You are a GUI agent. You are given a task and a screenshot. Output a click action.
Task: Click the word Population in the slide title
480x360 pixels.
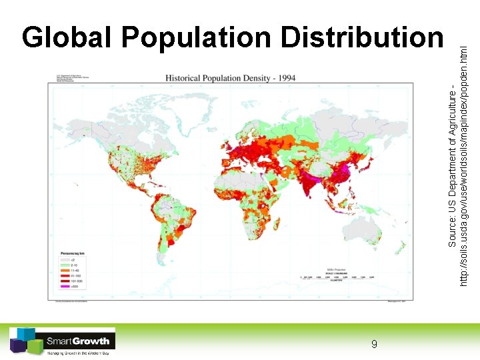(195, 39)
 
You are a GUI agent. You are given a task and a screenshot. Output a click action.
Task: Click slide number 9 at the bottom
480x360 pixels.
(374, 344)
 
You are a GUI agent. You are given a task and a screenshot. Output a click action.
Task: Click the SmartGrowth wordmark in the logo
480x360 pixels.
(78, 341)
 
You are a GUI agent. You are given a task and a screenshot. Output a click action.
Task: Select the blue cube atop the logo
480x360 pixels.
(25, 333)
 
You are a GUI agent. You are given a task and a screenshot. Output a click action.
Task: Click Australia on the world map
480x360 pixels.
(363, 230)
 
